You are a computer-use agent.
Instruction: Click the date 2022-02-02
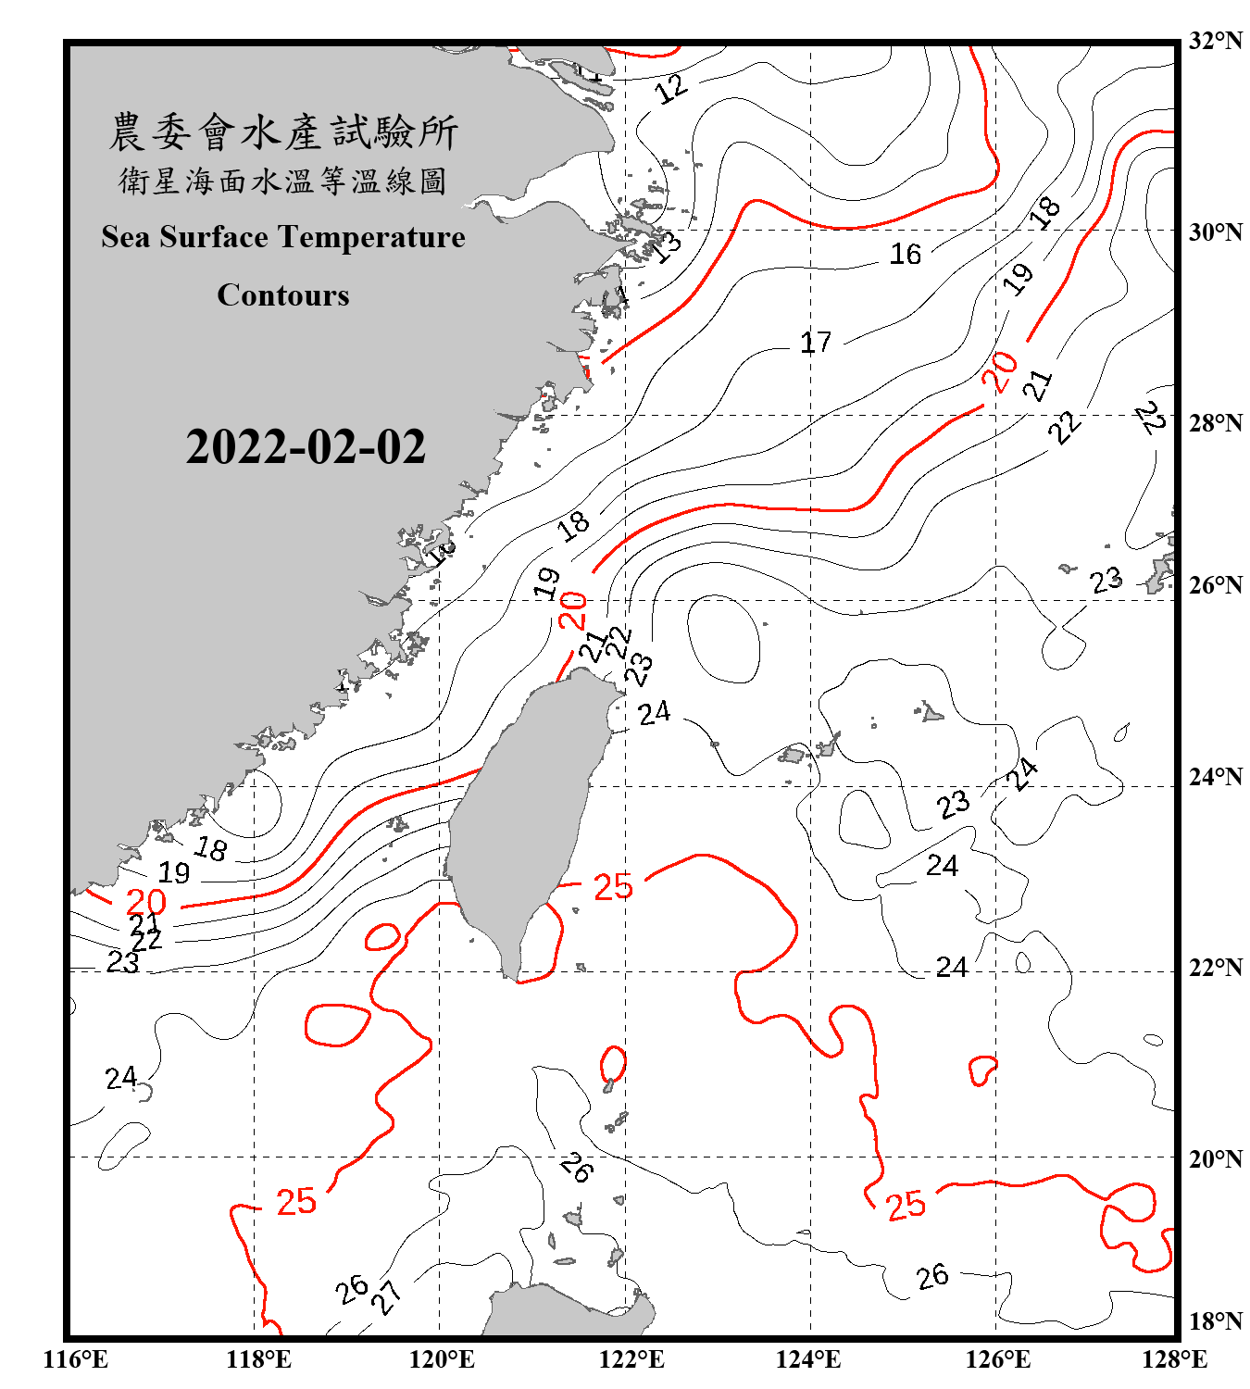(306, 447)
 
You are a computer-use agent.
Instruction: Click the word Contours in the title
(283, 295)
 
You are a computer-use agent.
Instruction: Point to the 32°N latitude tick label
(1215, 41)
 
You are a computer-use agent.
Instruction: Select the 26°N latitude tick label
(1215, 585)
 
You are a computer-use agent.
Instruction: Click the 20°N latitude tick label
(1215, 1158)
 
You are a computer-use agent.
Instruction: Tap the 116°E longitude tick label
(76, 1359)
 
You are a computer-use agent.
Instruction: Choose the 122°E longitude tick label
(631, 1359)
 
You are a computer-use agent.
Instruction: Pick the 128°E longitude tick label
(1174, 1359)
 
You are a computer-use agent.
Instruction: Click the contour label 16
(905, 254)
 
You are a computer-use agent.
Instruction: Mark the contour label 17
(815, 343)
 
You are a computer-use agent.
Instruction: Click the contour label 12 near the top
(671, 88)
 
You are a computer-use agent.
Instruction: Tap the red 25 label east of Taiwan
(612, 887)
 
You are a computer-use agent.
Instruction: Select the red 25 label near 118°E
(296, 1201)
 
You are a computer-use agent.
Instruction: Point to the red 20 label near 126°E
(1000, 372)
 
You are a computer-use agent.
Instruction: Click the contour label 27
(386, 1296)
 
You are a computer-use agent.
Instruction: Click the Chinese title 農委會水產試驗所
(283, 132)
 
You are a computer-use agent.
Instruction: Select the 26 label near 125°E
(932, 1276)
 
